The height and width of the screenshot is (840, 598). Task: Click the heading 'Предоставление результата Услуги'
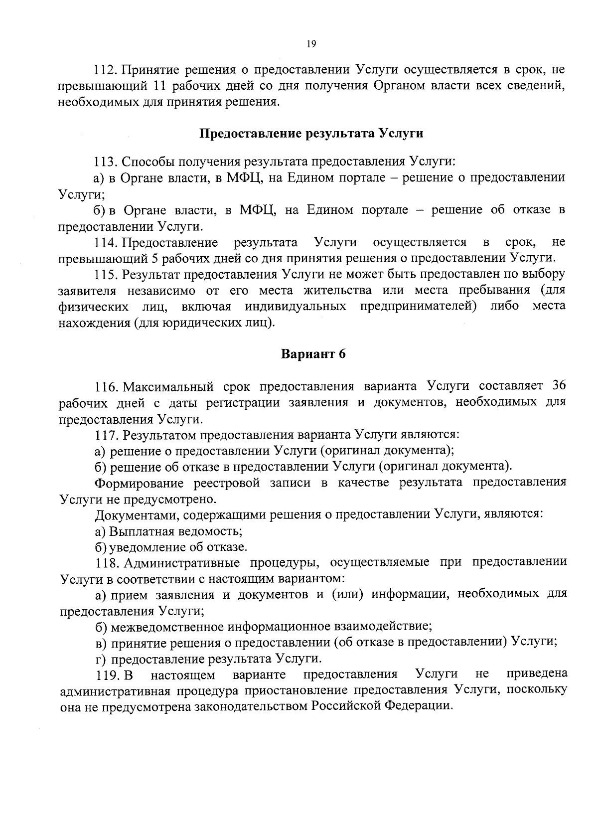tap(311, 134)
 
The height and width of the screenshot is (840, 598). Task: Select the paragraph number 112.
tap(106, 69)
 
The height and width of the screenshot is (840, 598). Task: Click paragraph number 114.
tap(106, 243)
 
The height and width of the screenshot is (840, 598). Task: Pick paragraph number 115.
tap(106, 275)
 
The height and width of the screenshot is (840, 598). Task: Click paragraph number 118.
tap(106, 563)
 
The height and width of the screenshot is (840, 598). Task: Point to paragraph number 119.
tap(106, 675)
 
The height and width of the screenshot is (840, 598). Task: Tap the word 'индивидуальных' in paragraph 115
tap(295, 306)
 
